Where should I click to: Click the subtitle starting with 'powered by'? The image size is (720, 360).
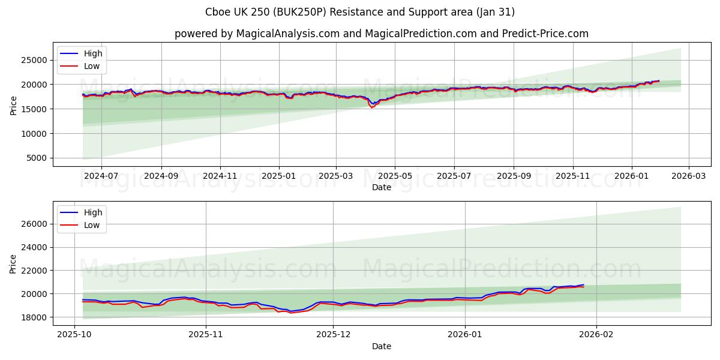[381, 34]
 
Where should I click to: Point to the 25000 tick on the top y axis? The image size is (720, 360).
[34, 60]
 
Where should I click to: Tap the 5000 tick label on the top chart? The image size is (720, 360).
[37, 158]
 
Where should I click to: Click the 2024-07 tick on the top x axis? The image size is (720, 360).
[101, 176]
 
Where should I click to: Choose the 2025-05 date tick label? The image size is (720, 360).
[395, 176]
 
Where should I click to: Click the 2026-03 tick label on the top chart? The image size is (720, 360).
[688, 176]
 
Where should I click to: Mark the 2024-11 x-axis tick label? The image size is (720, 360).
[220, 176]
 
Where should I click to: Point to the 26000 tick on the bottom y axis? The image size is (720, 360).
[34, 224]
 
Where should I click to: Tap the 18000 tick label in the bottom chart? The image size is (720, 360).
[34, 317]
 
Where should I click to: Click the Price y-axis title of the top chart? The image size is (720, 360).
[13, 106]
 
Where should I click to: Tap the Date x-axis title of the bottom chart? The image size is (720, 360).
[381, 346]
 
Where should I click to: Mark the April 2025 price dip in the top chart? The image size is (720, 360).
[372, 106]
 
